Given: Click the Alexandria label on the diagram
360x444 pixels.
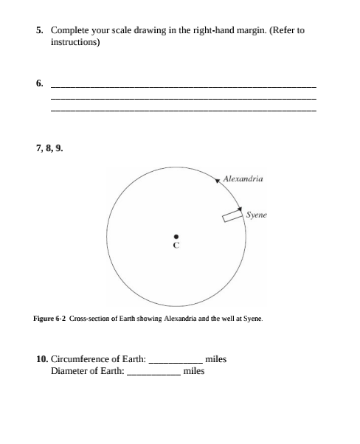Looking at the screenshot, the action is (x=243, y=178).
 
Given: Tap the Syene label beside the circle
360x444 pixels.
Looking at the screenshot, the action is (x=256, y=215).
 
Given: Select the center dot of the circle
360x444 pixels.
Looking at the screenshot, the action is (x=176, y=235).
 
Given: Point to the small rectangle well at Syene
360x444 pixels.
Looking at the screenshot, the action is (x=232, y=215).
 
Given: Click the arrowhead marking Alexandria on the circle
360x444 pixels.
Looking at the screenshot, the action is (x=218, y=180).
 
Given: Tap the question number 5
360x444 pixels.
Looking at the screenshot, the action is (x=40, y=31).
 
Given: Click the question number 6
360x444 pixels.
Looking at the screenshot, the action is (x=40, y=83).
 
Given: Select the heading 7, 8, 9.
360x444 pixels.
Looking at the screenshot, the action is (x=49, y=148).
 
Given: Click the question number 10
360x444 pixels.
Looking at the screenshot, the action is (x=41, y=359).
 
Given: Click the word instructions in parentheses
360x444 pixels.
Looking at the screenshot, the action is (x=75, y=42).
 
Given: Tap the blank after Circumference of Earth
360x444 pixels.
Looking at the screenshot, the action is (x=176, y=360).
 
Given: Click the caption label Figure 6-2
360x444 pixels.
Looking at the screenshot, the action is (x=50, y=319).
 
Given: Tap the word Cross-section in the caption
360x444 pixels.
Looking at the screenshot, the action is (x=89, y=319).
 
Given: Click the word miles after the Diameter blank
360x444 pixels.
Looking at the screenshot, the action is (x=193, y=371).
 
